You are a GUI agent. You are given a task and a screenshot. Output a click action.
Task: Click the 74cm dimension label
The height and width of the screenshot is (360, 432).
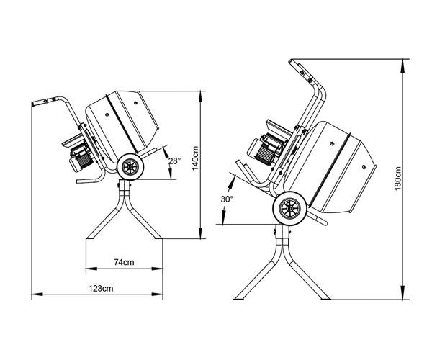click(x=125, y=263)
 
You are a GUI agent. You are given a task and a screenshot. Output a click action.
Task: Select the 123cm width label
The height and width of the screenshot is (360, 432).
click(x=102, y=288)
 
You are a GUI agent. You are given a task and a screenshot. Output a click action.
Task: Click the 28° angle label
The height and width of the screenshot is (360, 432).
click(x=175, y=161)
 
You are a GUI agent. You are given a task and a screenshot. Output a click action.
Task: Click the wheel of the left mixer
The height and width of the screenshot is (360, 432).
click(x=130, y=166)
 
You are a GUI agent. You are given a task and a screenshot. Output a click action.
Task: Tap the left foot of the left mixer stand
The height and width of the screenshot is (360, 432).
click(x=89, y=239)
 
